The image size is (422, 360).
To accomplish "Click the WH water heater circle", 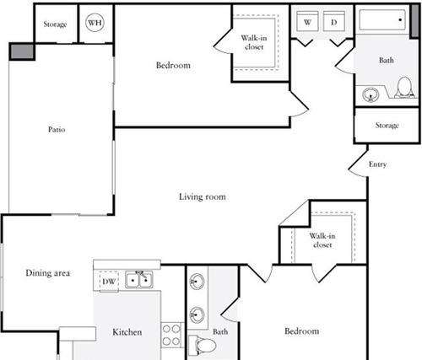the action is pos(95,23).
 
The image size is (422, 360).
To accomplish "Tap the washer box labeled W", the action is pos(307,21).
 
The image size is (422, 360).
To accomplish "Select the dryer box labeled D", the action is pos(334,21).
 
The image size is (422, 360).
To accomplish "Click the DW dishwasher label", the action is pos(109,282).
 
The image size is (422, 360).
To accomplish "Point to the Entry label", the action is pos(377,164).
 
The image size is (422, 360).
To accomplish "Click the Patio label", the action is pos(57,129).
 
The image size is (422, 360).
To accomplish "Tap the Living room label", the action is pos(203,196).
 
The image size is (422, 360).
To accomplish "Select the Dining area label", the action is pos(47,273).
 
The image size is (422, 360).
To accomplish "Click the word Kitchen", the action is pos(127,332).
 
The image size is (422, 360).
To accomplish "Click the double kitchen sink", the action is pos(139,280).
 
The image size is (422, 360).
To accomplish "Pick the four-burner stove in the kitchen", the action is pos(171,335).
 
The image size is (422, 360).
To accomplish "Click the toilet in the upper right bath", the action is pos(404,87).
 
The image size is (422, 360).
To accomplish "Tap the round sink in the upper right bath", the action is pos(371,94).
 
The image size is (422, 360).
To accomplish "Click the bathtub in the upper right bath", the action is pos(382,19).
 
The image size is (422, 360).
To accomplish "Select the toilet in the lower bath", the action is pos(202,345).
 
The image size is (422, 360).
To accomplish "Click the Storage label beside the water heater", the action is pos(55,24).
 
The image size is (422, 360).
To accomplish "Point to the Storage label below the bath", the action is pos(387,125).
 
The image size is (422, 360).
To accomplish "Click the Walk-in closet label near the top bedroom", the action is pos(254,42).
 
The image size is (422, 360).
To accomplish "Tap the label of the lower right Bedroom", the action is pos(302,331).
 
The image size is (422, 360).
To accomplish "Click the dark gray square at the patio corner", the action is pos(22,51).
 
